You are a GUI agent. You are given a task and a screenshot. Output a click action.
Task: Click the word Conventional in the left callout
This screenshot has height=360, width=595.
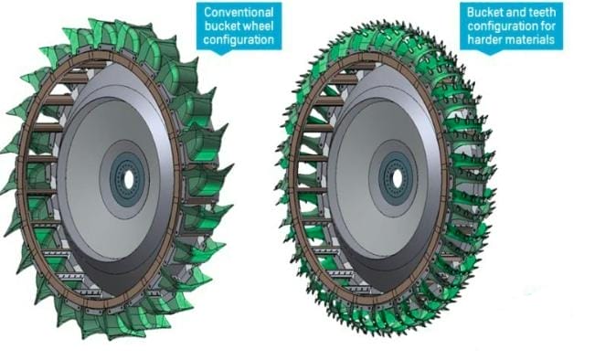pos(239,12)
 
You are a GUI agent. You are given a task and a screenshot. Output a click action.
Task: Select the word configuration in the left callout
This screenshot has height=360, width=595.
pos(239,40)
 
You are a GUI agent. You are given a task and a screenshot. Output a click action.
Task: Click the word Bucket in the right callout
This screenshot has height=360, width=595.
pos(484,12)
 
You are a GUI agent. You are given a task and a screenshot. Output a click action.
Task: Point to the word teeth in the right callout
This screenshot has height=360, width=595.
pos(540,12)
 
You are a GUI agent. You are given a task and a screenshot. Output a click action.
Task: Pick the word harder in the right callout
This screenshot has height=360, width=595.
pos(485,39)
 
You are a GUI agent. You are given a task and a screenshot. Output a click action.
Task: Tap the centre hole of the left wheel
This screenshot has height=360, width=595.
pos(129,181)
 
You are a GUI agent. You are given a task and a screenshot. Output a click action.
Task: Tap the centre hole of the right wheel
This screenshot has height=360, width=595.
pos(398,179)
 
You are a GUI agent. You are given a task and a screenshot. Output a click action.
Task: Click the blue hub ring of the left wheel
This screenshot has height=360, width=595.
pos(115,180)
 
